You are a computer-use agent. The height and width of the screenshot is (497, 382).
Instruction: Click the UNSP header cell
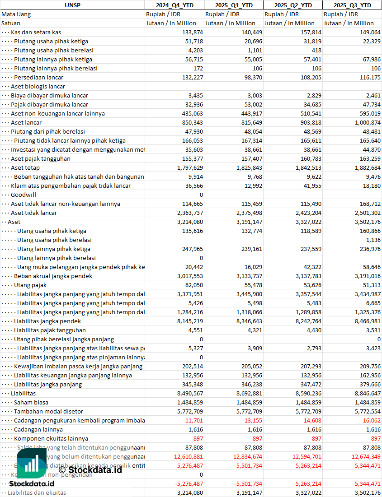pos(72,5)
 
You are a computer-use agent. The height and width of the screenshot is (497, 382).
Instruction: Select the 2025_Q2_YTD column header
pos(293,5)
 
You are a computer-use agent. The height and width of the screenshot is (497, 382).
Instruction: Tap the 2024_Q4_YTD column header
pos(174,5)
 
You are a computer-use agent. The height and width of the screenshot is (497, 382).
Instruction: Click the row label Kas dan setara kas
pos(36,32)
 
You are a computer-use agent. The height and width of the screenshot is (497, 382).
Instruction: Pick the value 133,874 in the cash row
pos(193,32)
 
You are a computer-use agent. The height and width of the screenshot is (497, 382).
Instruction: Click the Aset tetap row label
pos(25,167)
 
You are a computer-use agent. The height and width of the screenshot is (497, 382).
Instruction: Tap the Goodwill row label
pos(24,195)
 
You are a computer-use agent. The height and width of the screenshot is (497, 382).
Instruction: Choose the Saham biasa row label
pos(31,402)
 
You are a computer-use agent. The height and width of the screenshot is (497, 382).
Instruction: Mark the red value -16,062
pos(368,420)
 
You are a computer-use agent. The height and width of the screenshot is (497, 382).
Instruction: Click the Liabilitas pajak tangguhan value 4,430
pos(313,330)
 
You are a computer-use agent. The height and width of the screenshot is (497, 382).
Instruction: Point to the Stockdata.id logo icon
pos(32,465)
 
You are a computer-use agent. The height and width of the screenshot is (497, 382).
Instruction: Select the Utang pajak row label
pos(30,285)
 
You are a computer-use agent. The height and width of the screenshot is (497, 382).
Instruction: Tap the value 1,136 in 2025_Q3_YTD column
pos(373,240)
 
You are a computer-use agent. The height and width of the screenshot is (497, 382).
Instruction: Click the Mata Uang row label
pos(16,14)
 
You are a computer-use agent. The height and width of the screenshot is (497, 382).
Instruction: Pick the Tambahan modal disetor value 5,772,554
pos(364,411)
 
